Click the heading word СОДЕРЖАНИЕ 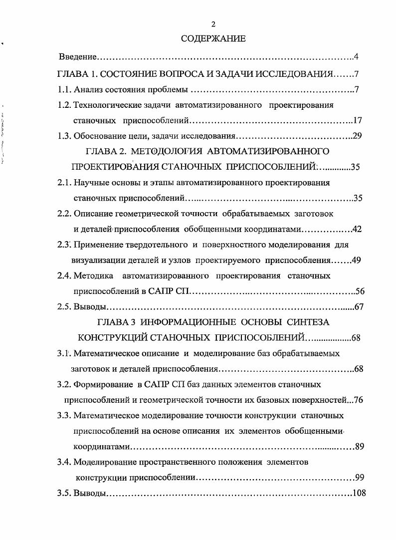click(x=213, y=39)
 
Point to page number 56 click(x=360, y=291)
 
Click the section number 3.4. click(x=64, y=462)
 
